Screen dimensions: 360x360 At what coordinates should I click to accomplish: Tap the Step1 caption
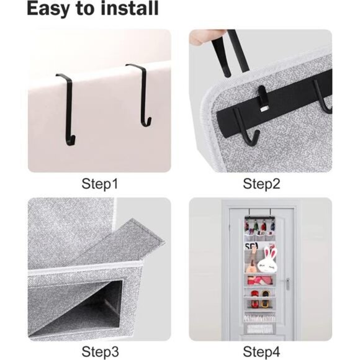[100, 184]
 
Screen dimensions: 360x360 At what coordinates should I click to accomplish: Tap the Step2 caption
[261, 184]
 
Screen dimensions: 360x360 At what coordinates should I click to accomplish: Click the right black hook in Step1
[142, 93]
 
